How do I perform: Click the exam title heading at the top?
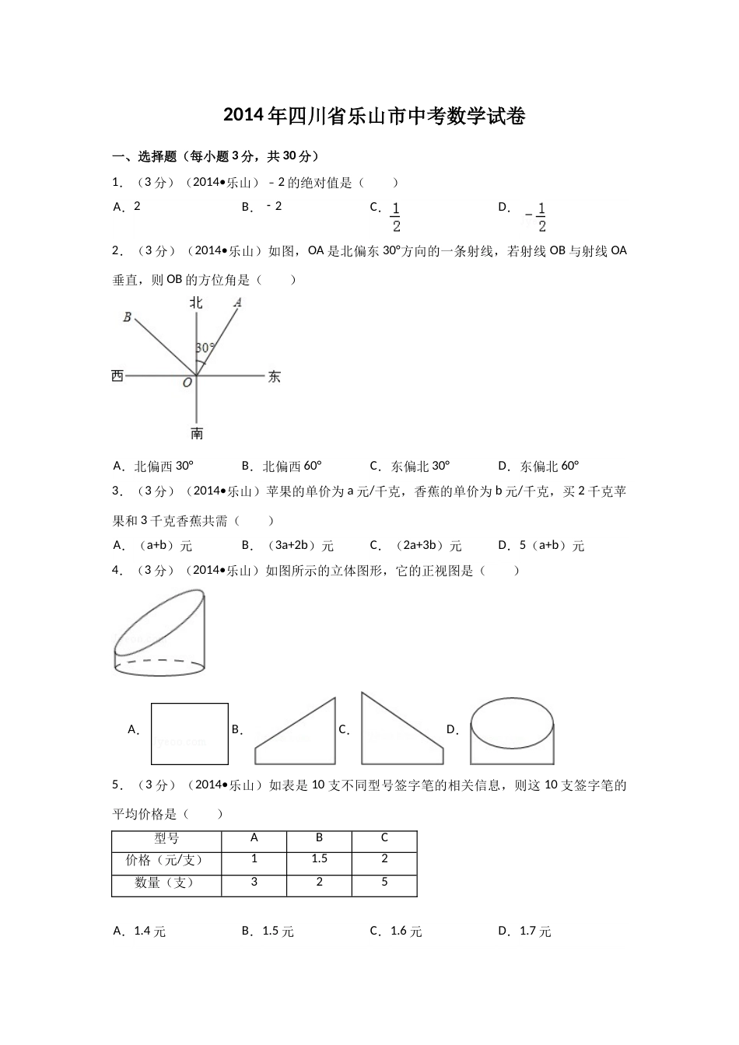coord(374,117)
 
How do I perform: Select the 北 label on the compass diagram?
coord(196,302)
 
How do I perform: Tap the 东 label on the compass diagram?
coord(274,377)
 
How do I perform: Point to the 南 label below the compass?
coord(197,433)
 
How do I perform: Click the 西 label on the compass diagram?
coord(117,376)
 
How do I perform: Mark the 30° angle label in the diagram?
coord(205,348)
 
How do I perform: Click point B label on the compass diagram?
coord(127,316)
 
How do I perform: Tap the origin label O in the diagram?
coord(187,383)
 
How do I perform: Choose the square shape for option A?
coord(190,734)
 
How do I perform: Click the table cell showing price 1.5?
coord(319,859)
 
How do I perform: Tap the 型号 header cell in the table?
coord(166,838)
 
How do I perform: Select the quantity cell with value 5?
coord(384,882)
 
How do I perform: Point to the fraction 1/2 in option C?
coord(396,217)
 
